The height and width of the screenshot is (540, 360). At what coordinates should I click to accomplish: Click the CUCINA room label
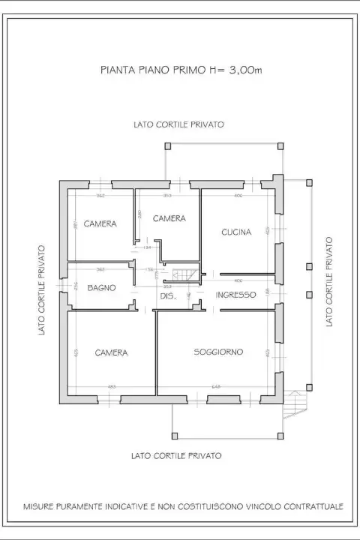[235, 232]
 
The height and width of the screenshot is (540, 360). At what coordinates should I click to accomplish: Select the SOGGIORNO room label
[218, 352]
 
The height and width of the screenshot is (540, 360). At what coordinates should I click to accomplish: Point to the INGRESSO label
[236, 295]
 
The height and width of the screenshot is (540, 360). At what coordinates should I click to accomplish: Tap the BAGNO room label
[100, 287]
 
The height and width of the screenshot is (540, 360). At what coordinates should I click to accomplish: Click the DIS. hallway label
[167, 296]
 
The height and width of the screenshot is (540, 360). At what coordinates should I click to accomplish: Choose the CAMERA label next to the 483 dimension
[111, 352]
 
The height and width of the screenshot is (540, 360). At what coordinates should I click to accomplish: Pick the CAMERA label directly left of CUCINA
[169, 218]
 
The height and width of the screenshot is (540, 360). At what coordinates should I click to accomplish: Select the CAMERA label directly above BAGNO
[100, 224]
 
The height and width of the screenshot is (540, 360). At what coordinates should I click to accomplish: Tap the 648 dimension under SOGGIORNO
[216, 387]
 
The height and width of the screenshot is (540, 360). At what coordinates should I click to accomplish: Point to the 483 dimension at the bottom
[112, 387]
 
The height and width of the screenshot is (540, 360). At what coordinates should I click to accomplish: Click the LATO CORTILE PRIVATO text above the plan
[178, 124]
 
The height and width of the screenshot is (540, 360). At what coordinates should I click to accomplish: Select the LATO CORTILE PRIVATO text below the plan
[175, 455]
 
